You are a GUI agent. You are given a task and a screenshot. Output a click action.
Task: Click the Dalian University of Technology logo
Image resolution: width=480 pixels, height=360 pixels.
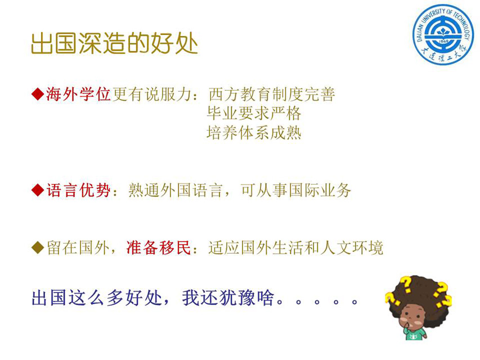pyautogui.click(x=443, y=34)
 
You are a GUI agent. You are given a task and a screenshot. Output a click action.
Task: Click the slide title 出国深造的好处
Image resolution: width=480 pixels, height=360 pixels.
pyautogui.click(x=114, y=43)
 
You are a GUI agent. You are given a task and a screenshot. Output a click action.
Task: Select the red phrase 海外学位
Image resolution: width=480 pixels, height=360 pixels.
pyautogui.click(x=78, y=94)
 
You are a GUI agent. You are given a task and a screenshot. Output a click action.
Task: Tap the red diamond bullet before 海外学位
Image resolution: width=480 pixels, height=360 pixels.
pyautogui.click(x=38, y=94)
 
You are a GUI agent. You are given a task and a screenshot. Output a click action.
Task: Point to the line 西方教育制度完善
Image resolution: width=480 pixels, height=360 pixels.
pyautogui.click(x=272, y=94)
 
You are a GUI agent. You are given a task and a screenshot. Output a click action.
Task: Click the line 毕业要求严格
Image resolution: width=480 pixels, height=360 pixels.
pyautogui.click(x=254, y=113)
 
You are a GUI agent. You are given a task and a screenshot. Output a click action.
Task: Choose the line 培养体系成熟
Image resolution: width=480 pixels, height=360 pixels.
pyautogui.click(x=254, y=133)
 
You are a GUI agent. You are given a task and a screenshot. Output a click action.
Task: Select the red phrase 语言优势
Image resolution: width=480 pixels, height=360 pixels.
pyautogui.click(x=78, y=190)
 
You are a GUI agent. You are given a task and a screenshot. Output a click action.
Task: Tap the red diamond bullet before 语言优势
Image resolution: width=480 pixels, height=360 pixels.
pyautogui.click(x=38, y=190)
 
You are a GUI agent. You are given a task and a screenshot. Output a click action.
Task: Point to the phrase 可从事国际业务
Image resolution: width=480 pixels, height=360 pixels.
pyautogui.click(x=296, y=190)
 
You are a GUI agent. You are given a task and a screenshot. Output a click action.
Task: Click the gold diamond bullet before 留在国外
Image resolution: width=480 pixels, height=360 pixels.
pyautogui.click(x=38, y=247)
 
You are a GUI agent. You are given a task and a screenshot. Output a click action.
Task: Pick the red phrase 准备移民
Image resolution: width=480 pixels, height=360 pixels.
pyautogui.click(x=159, y=247)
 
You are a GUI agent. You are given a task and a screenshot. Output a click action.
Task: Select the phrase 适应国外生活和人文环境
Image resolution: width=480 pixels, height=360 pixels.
pyautogui.click(x=296, y=247)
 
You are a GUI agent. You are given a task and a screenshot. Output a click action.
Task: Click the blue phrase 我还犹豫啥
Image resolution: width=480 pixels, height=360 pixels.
pyautogui.click(x=228, y=298)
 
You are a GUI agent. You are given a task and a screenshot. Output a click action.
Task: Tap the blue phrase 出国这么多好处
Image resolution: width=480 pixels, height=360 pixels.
pyautogui.click(x=97, y=298)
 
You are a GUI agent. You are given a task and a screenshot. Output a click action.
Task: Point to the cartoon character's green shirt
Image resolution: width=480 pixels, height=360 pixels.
pyautogui.click(x=415, y=334)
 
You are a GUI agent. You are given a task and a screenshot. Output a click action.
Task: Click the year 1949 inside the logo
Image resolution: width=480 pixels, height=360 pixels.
pyautogui.click(x=443, y=41)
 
